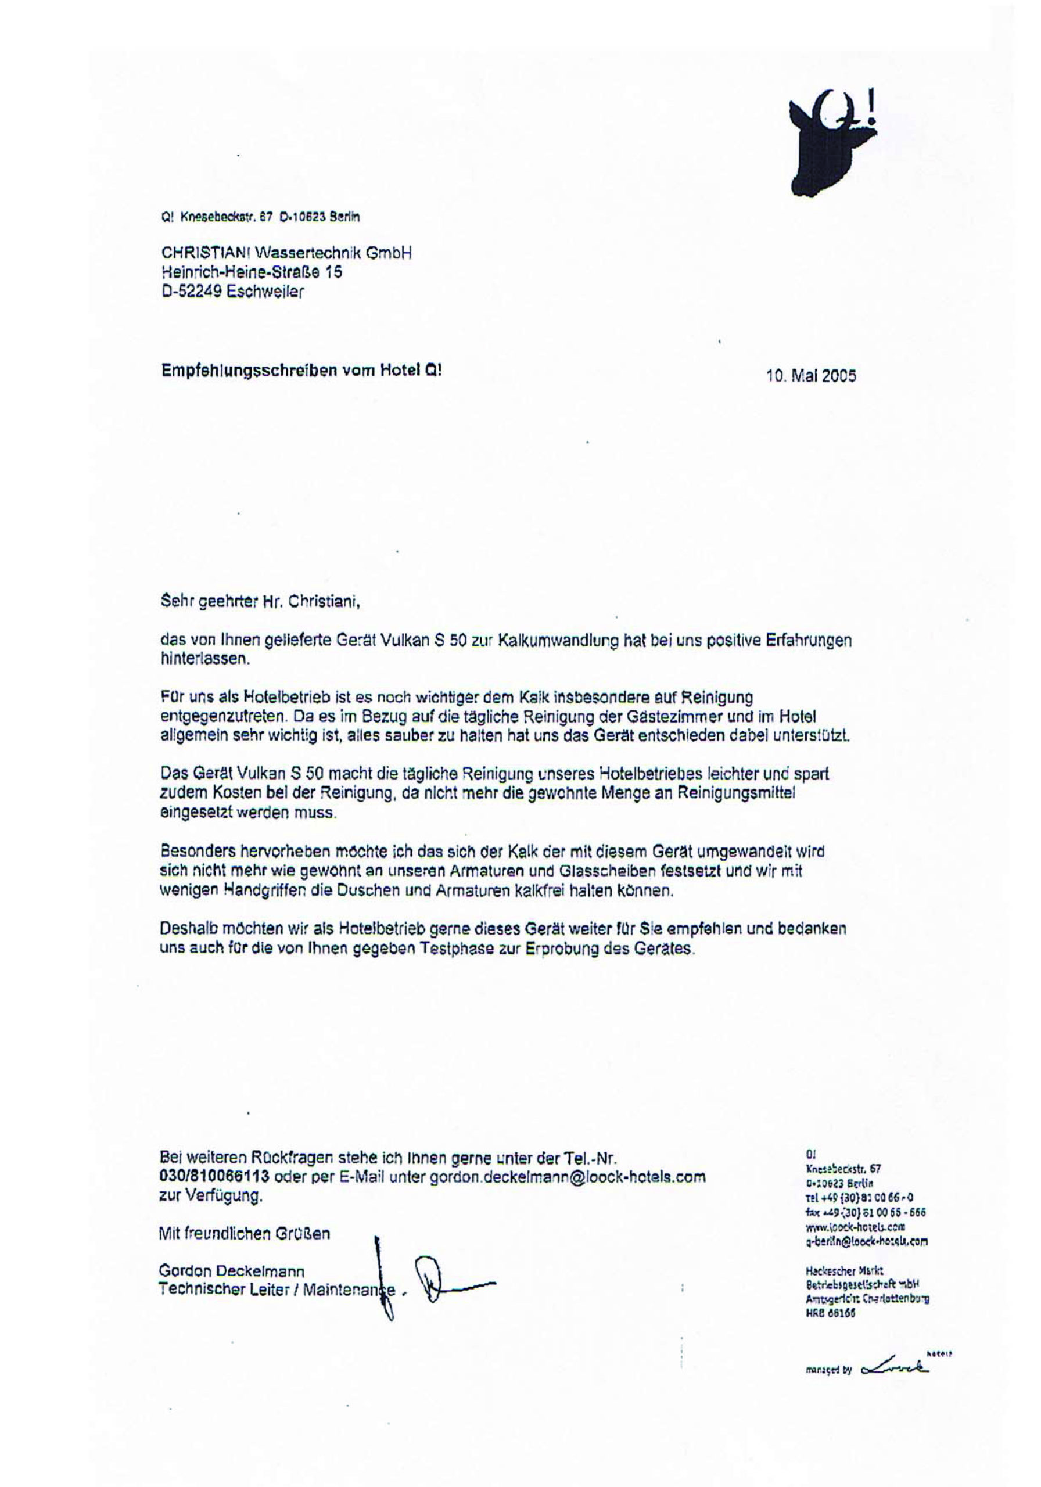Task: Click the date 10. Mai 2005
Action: (x=810, y=376)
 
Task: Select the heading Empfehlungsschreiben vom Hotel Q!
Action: (x=303, y=370)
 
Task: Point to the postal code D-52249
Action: (x=192, y=292)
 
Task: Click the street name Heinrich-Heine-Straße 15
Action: (x=252, y=272)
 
